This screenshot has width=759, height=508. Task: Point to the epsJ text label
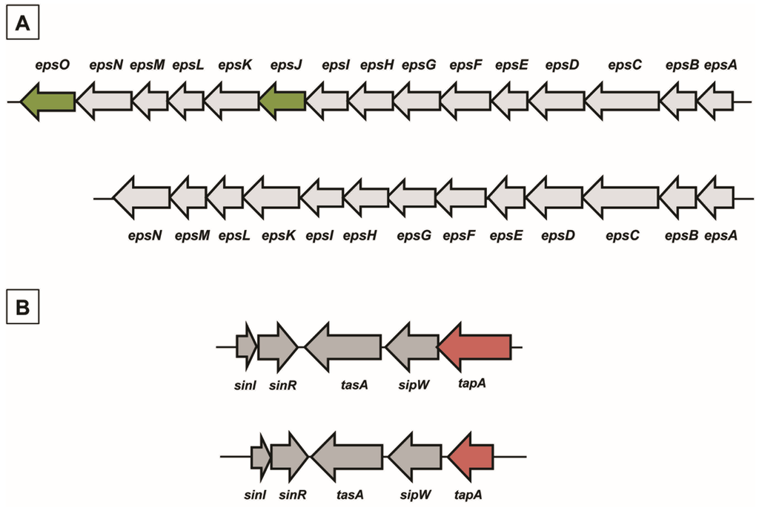pyautogui.click(x=285, y=65)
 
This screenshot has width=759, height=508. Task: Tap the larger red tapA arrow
pyautogui.click(x=474, y=346)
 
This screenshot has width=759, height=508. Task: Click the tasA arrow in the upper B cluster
pyautogui.click(x=344, y=346)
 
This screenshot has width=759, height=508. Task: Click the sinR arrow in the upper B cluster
pyautogui.click(x=278, y=346)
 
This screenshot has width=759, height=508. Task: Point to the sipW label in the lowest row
pyautogui.click(x=411, y=491)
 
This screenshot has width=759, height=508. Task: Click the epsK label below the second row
pyautogui.click(x=279, y=236)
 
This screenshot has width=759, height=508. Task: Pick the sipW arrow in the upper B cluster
pyautogui.click(x=413, y=346)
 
